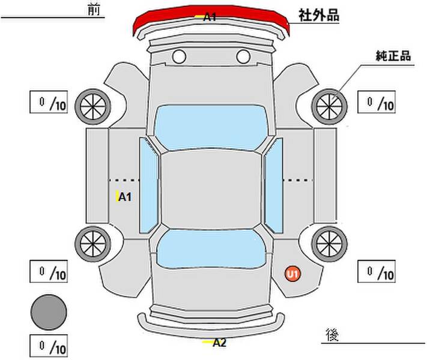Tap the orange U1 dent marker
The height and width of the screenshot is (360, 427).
(292, 274)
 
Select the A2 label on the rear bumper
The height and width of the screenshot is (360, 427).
(219, 343)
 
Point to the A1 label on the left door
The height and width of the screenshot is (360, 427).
(125, 197)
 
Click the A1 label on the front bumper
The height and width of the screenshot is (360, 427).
(210, 17)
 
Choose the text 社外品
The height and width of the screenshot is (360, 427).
(319, 15)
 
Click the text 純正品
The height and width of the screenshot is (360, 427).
(393, 56)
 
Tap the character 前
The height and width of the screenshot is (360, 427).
(94, 10)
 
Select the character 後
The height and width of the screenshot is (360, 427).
(332, 335)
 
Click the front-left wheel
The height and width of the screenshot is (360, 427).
(93, 107)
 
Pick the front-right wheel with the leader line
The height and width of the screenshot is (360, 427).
(329, 107)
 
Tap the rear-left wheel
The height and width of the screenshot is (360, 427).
(93, 244)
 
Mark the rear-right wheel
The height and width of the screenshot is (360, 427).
(329, 244)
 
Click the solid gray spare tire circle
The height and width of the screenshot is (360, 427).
(49, 313)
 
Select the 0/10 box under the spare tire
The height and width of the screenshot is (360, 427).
(49, 346)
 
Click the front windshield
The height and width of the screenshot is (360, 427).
(211, 127)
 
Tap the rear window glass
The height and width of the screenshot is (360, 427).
(211, 249)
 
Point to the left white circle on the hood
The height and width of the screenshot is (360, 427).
(179, 56)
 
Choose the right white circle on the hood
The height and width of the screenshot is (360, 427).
(243, 56)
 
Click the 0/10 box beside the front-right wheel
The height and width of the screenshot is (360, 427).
(377, 102)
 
